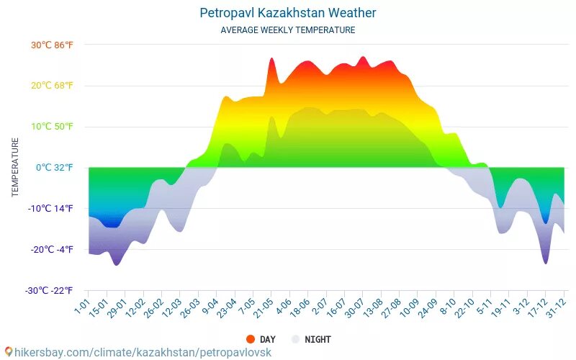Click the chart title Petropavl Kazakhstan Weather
click(287, 13)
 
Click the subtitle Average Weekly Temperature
click(287, 30)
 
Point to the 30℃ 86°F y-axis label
click(52, 45)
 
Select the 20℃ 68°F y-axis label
click(52, 86)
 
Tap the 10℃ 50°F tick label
click(52, 127)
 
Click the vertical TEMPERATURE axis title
click(15, 168)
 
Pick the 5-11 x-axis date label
click(484, 307)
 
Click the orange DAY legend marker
click(251, 339)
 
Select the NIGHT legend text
click(318, 339)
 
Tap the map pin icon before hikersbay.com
click(9, 352)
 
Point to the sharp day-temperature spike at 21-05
click(272, 60)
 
